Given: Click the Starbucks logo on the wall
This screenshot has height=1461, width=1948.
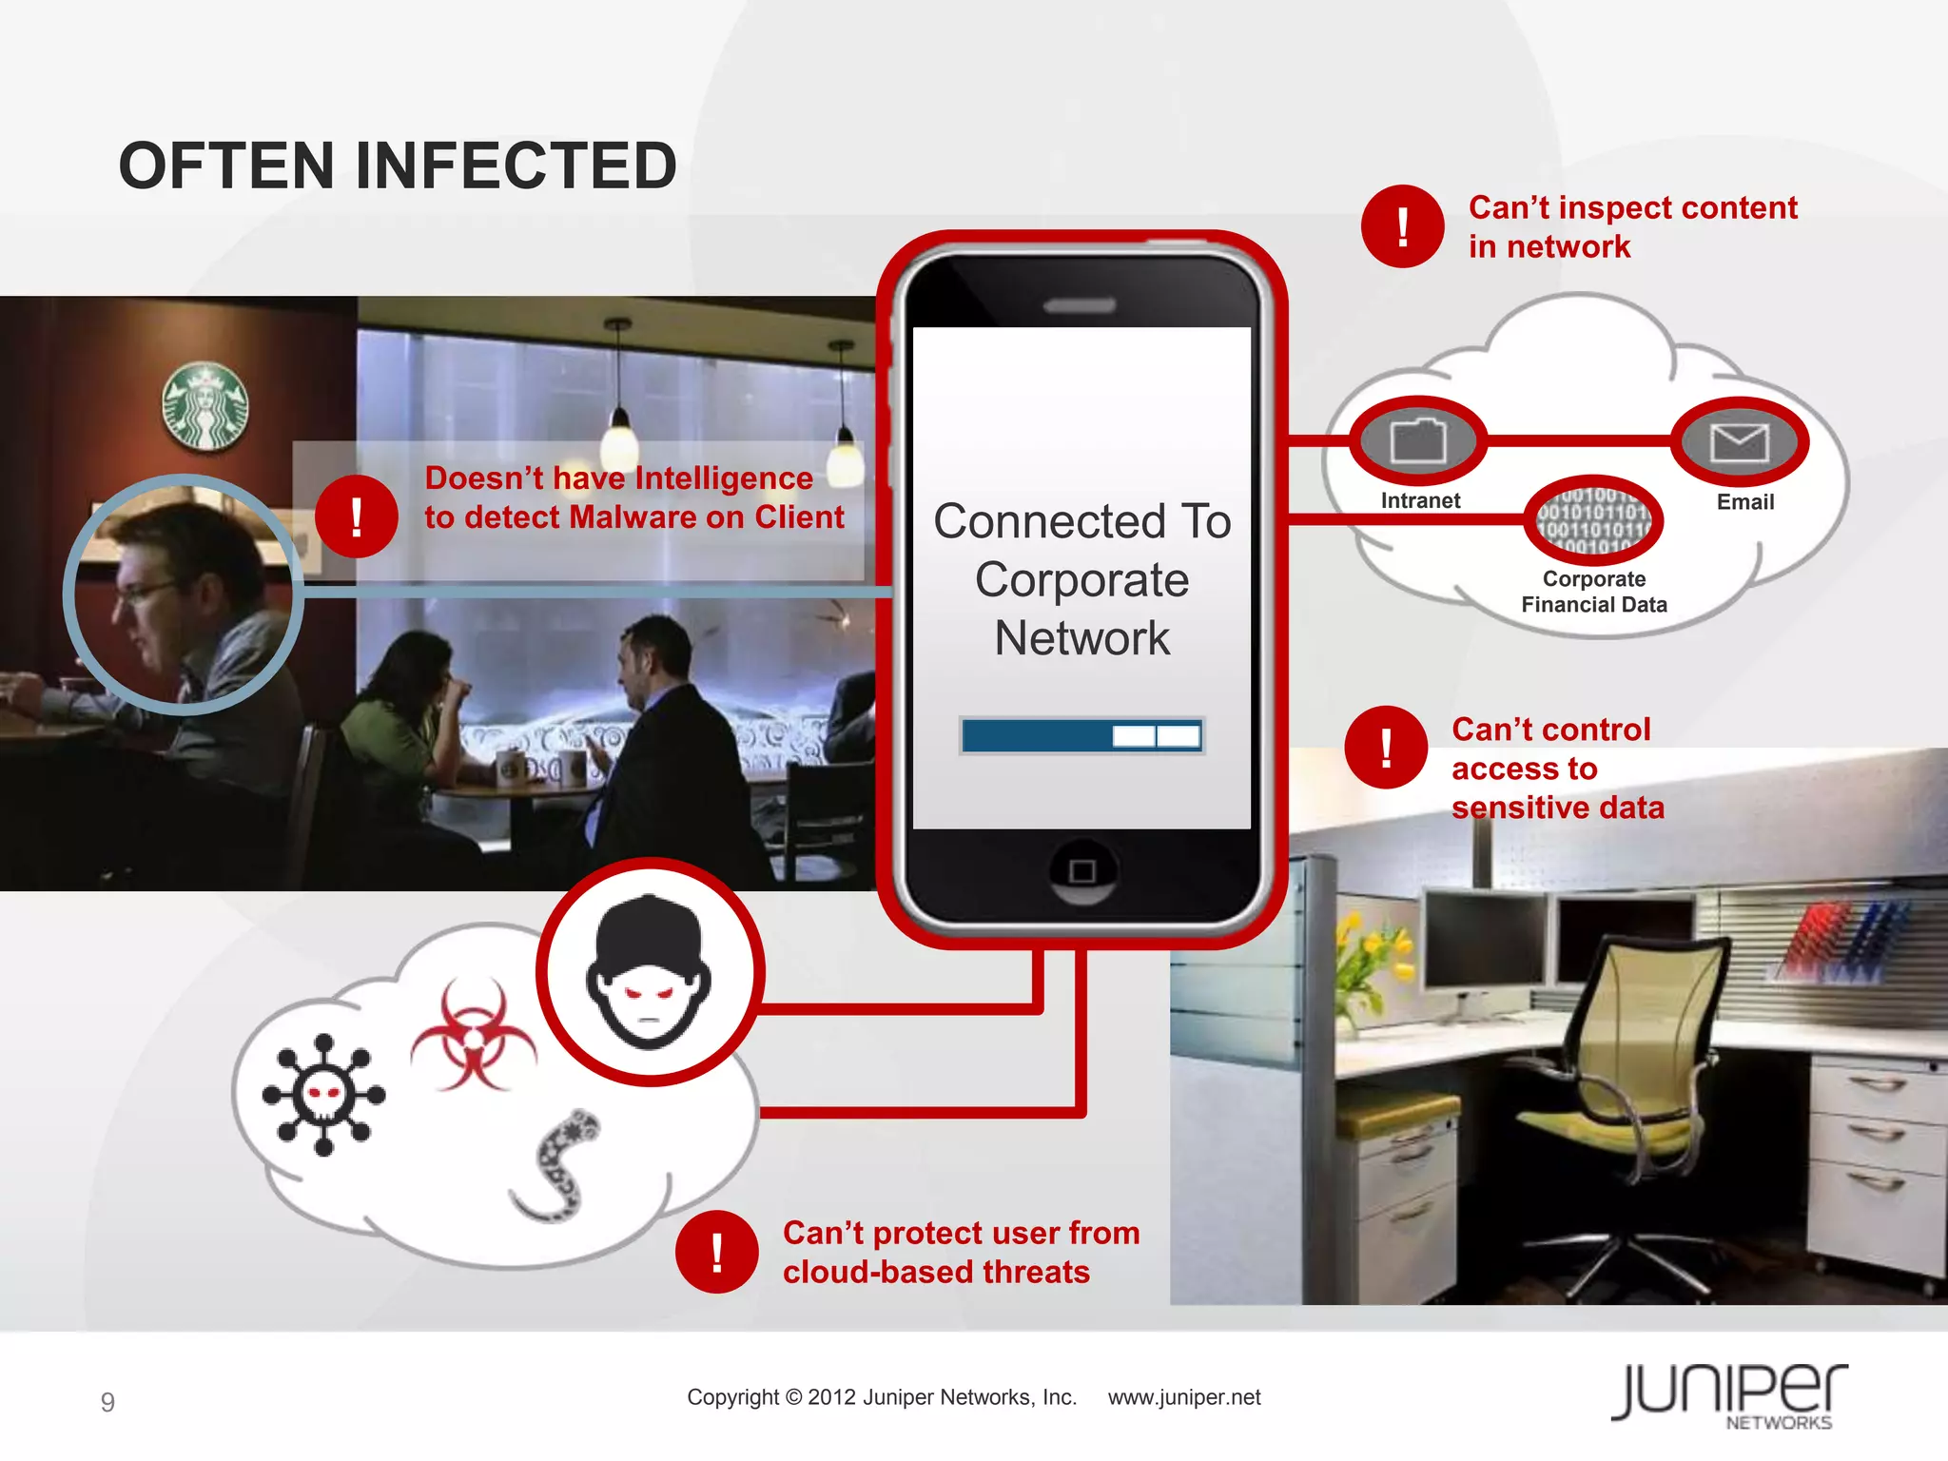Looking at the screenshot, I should (x=205, y=406).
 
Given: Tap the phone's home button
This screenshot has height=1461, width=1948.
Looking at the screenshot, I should (x=1082, y=871).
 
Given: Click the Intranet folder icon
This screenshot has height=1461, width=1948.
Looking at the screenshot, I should (x=1418, y=441).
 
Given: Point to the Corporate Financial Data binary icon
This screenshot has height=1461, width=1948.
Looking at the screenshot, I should (x=1593, y=520).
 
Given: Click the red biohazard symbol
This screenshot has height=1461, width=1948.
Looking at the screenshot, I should (x=473, y=1038).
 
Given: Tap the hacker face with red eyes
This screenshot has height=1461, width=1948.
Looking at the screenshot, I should (x=649, y=973).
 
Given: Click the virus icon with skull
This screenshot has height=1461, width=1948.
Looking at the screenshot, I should (x=323, y=1095).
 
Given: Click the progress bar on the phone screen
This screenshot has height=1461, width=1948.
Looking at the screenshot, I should (x=1081, y=736).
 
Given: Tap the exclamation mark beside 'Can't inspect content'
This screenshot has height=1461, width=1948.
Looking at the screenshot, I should (x=1402, y=226).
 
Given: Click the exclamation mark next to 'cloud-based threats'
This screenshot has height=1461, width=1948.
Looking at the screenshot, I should (x=716, y=1252).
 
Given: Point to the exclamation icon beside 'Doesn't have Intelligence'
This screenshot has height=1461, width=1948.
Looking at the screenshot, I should (x=356, y=516).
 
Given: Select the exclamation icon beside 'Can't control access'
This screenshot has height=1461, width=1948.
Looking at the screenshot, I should (x=1386, y=748).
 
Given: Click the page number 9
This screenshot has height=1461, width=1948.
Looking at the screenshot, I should (x=107, y=1402).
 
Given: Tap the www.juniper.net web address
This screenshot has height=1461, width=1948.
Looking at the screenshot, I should (x=1183, y=1397).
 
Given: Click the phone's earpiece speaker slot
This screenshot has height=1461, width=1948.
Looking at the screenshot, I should (x=1079, y=305).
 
